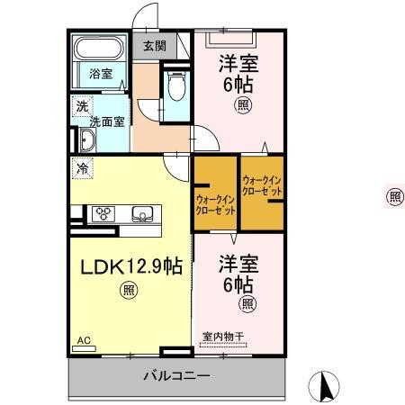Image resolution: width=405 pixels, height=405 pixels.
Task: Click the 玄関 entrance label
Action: point(154,46)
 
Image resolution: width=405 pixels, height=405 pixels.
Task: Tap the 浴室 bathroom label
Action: point(101,74)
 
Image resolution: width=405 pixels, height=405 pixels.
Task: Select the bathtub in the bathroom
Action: point(100,50)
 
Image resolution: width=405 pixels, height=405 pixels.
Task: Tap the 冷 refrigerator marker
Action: point(83,167)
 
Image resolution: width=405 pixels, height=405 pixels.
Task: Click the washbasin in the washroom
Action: point(88,139)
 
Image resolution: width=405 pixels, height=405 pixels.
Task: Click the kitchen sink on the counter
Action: point(143,214)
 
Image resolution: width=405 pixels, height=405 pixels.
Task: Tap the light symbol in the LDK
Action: point(130,290)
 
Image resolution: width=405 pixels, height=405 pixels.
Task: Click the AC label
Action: point(84,340)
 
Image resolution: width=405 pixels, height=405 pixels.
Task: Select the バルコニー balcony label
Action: point(175,375)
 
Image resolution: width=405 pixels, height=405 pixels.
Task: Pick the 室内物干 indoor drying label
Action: point(222,337)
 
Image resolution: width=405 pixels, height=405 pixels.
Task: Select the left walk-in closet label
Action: point(216,203)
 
